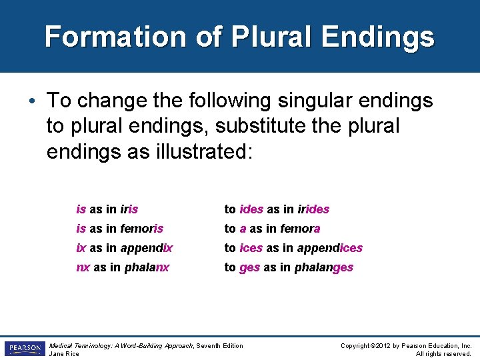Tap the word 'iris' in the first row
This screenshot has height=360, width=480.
tap(129, 209)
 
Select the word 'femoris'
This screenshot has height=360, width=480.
tap(142, 229)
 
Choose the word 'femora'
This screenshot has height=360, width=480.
tap(299, 229)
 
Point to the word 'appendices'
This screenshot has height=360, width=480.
tap(329, 248)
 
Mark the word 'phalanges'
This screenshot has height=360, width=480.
tap(325, 267)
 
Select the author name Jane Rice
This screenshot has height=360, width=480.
tap(65, 353)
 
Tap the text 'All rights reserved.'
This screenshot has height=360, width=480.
tap(443, 353)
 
